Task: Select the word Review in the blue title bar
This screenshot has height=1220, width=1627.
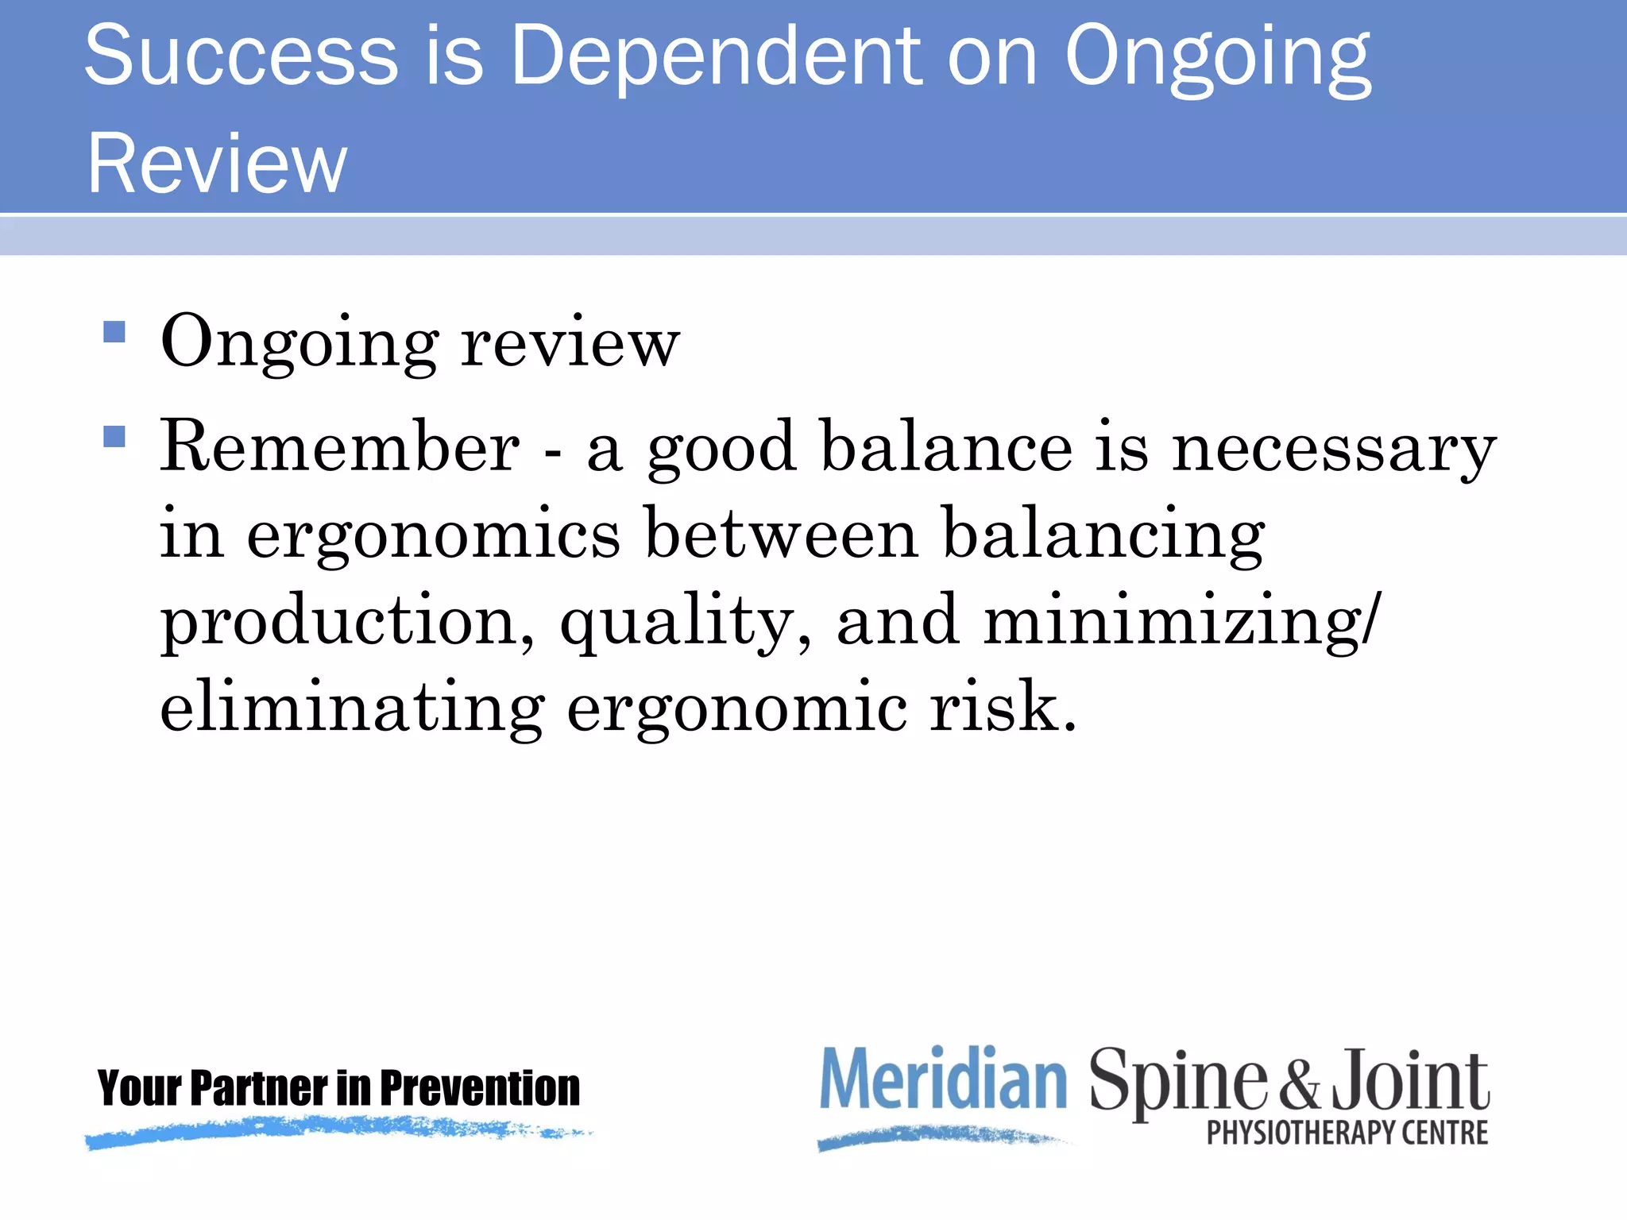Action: (x=217, y=164)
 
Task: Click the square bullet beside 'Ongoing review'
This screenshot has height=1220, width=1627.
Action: (x=114, y=331)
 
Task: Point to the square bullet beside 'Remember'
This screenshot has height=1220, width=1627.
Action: (x=114, y=437)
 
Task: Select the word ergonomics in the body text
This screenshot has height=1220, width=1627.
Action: (x=434, y=537)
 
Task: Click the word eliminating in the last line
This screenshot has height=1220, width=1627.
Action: (x=352, y=707)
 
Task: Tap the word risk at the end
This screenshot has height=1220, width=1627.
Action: (x=1003, y=707)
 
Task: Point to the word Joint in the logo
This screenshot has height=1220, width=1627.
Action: (x=1411, y=1080)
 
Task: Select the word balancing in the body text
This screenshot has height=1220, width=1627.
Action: (x=1103, y=537)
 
